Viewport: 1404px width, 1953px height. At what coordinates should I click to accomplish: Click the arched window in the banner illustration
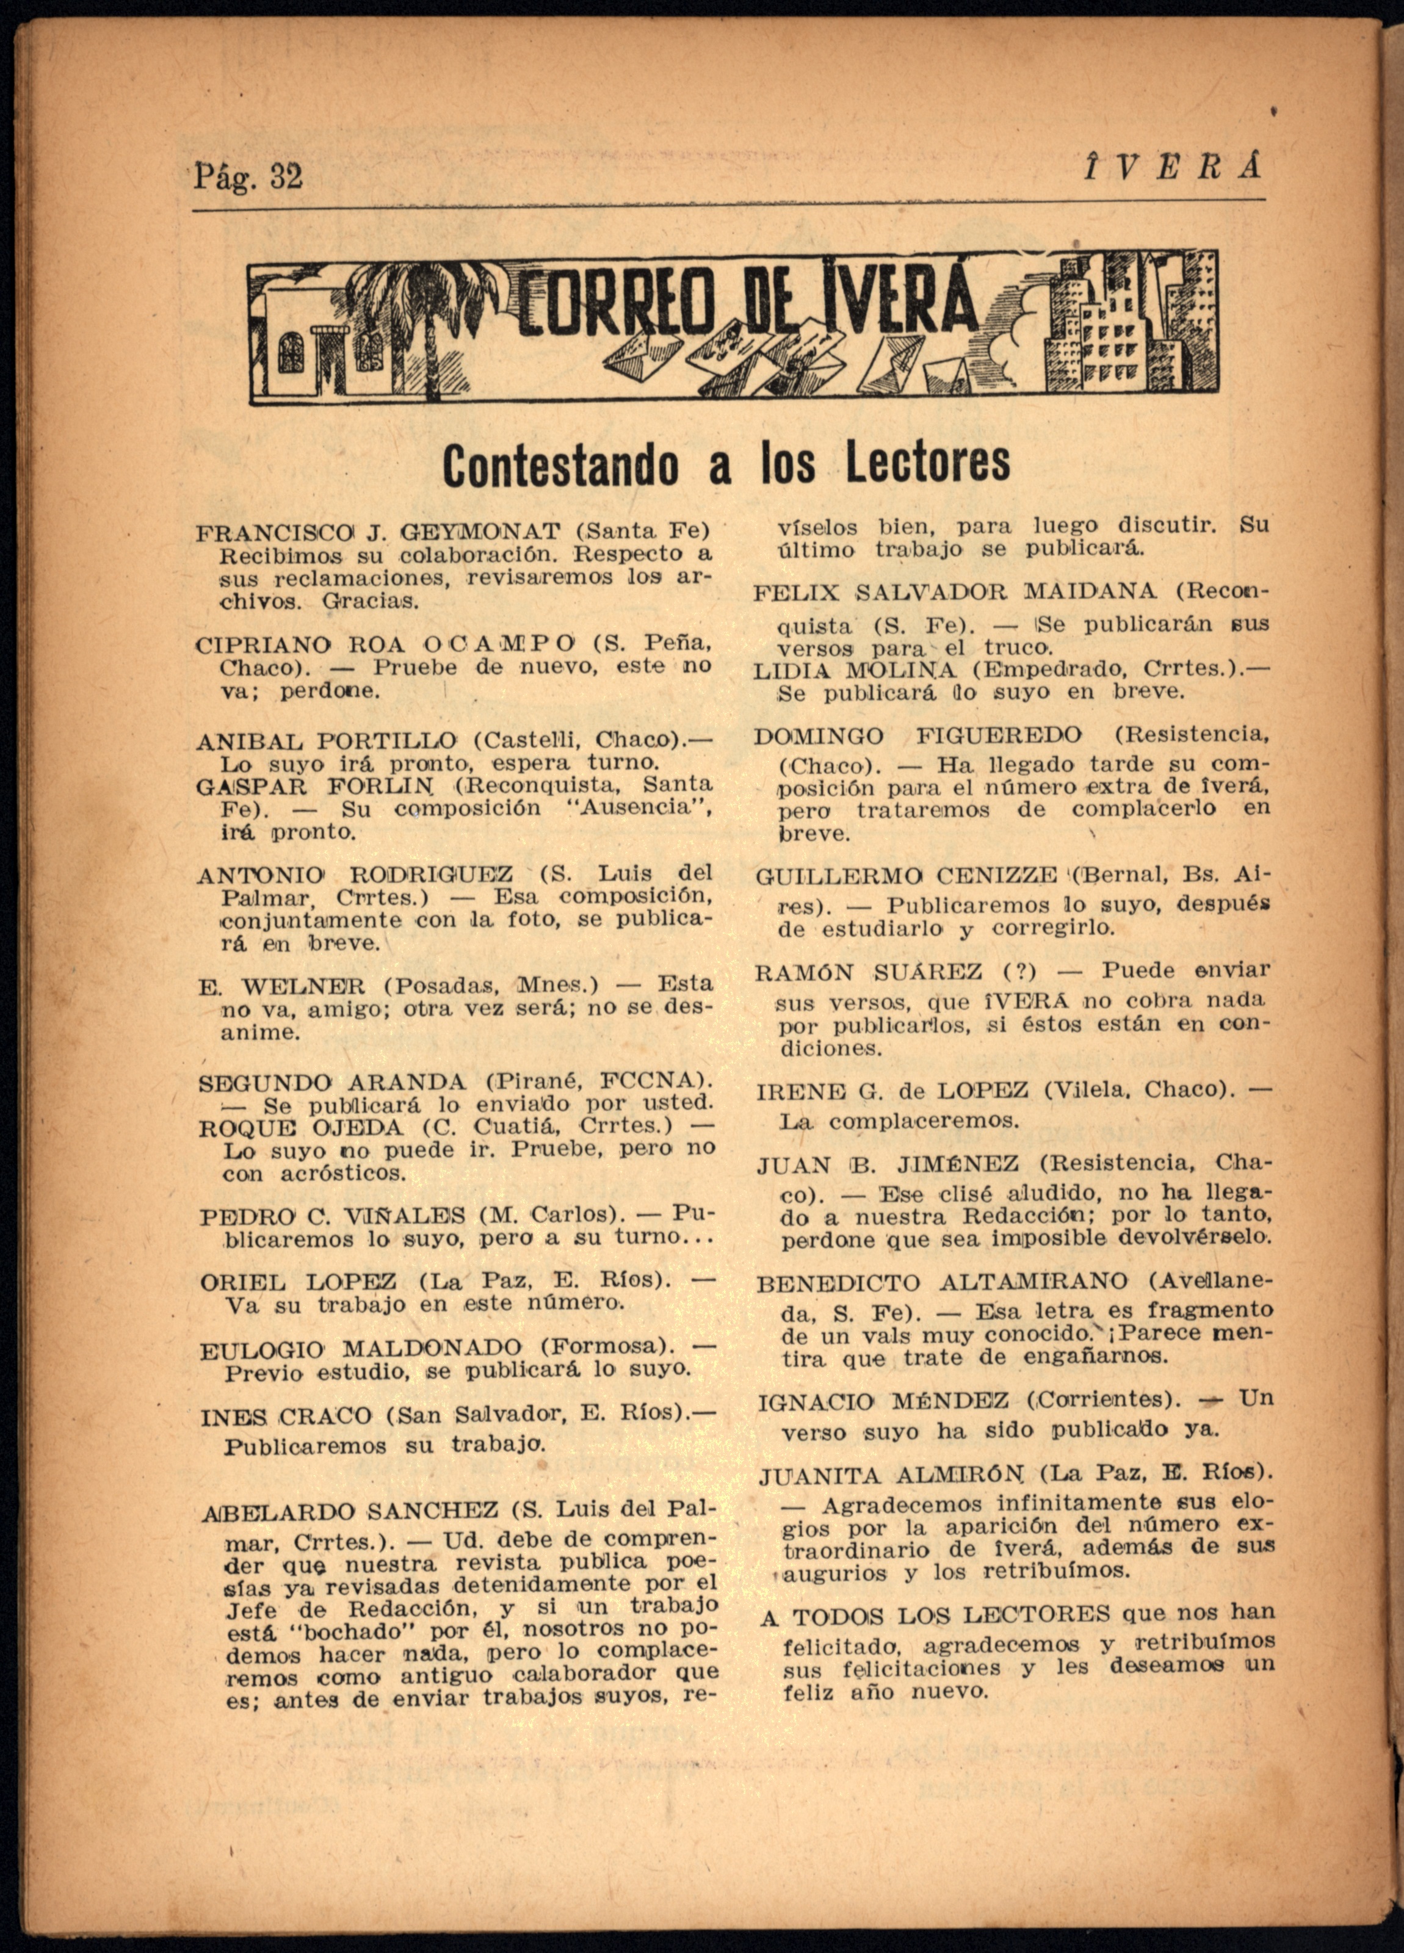pyautogui.click(x=291, y=353)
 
